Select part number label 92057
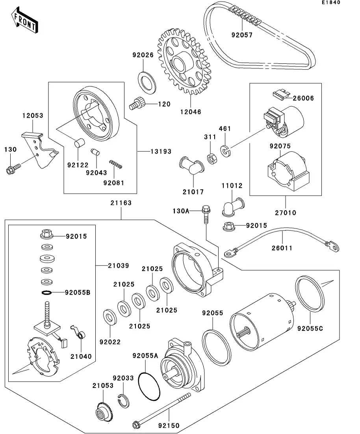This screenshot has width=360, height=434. pos(242,35)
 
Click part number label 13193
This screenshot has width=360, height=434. pos(160,151)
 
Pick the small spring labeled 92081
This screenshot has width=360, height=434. pos(116,164)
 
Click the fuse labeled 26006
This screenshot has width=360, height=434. pos(280,93)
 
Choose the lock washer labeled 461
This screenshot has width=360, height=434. pos(226,150)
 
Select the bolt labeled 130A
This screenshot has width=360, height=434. pos(206,214)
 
